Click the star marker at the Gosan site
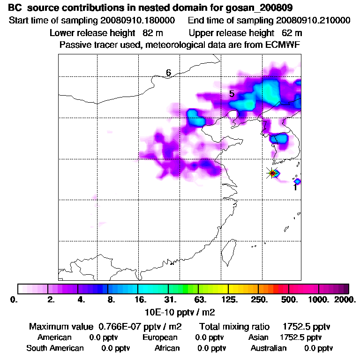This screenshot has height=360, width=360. click(272, 173)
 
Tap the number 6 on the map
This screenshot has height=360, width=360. click(168, 72)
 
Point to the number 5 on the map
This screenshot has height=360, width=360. click(232, 94)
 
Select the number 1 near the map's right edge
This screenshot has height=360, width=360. click(295, 187)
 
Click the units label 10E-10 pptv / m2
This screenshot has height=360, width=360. click(180, 311)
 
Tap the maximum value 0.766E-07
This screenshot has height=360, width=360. click(121, 326)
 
